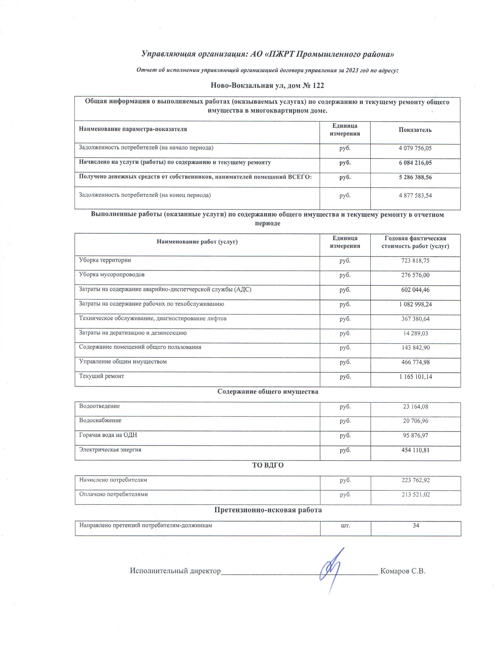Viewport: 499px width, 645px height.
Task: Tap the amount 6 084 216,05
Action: point(415,163)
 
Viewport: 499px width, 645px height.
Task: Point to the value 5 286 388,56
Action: point(415,177)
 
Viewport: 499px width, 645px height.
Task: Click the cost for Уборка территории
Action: point(415,261)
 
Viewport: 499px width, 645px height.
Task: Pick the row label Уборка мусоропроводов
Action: point(112,275)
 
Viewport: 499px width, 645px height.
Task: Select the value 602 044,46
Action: point(415,290)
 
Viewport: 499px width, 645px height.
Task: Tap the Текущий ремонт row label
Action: point(101,376)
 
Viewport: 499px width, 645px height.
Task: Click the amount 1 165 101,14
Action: point(415,377)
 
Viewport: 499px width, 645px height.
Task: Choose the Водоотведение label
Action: point(99,406)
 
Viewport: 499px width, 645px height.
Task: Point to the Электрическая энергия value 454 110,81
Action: point(415,450)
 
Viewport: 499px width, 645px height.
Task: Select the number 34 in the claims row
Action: point(416,525)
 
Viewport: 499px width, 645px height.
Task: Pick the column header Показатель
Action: point(415,130)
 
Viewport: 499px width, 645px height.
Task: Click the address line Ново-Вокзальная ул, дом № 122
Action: point(267,86)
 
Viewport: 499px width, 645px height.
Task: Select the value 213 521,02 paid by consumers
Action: point(415,494)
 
